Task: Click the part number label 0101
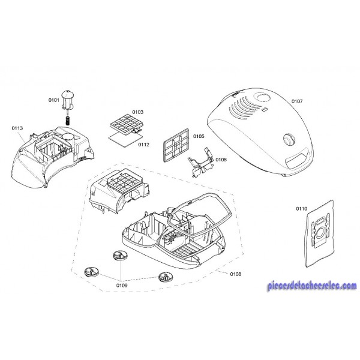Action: [x=54, y=100]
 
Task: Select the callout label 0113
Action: [x=17, y=128]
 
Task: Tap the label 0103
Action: [x=138, y=112]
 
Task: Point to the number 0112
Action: [x=143, y=145]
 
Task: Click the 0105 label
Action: [x=199, y=136]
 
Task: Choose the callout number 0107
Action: [x=297, y=101]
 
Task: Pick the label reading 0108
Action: [x=236, y=274]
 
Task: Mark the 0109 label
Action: [x=122, y=286]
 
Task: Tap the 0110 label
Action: [x=301, y=209]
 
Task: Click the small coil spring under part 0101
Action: [x=68, y=121]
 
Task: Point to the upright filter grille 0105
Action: [x=176, y=145]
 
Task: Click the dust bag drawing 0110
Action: [x=320, y=233]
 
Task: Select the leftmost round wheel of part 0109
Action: [x=92, y=272]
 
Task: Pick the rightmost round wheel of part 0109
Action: [x=166, y=277]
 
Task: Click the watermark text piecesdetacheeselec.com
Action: [x=312, y=286]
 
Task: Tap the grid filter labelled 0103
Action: [x=125, y=124]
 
